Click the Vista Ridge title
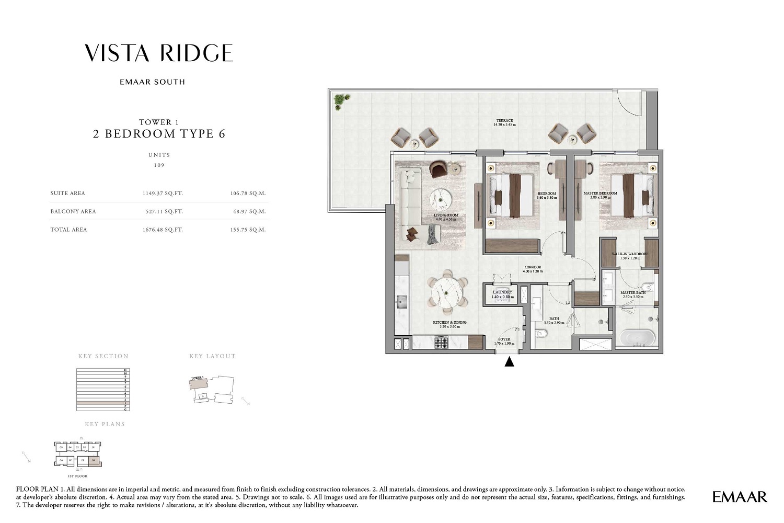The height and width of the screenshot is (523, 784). pos(159,53)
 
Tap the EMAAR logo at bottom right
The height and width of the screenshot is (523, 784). pos(739,497)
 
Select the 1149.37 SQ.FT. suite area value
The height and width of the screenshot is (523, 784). pos(163,194)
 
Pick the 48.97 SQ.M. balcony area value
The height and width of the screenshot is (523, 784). pos(248,212)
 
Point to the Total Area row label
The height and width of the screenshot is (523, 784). pos(68,230)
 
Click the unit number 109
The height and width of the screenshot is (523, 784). pos(159,165)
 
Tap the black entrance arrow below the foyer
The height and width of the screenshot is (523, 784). pos(509,361)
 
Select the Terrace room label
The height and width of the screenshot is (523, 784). pos(504,121)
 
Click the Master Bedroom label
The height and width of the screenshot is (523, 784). pos(600,194)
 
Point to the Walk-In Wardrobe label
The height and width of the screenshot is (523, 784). pos(630,254)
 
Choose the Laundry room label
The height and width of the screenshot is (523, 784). pos(502,292)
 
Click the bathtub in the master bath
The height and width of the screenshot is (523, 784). pos(638,337)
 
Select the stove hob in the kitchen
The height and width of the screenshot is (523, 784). pos(441,343)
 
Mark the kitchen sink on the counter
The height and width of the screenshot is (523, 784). pos(401,302)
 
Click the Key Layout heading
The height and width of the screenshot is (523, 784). pos(212,356)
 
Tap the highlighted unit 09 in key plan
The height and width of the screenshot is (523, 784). pos(94,460)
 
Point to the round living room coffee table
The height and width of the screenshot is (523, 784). pos(441,199)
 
